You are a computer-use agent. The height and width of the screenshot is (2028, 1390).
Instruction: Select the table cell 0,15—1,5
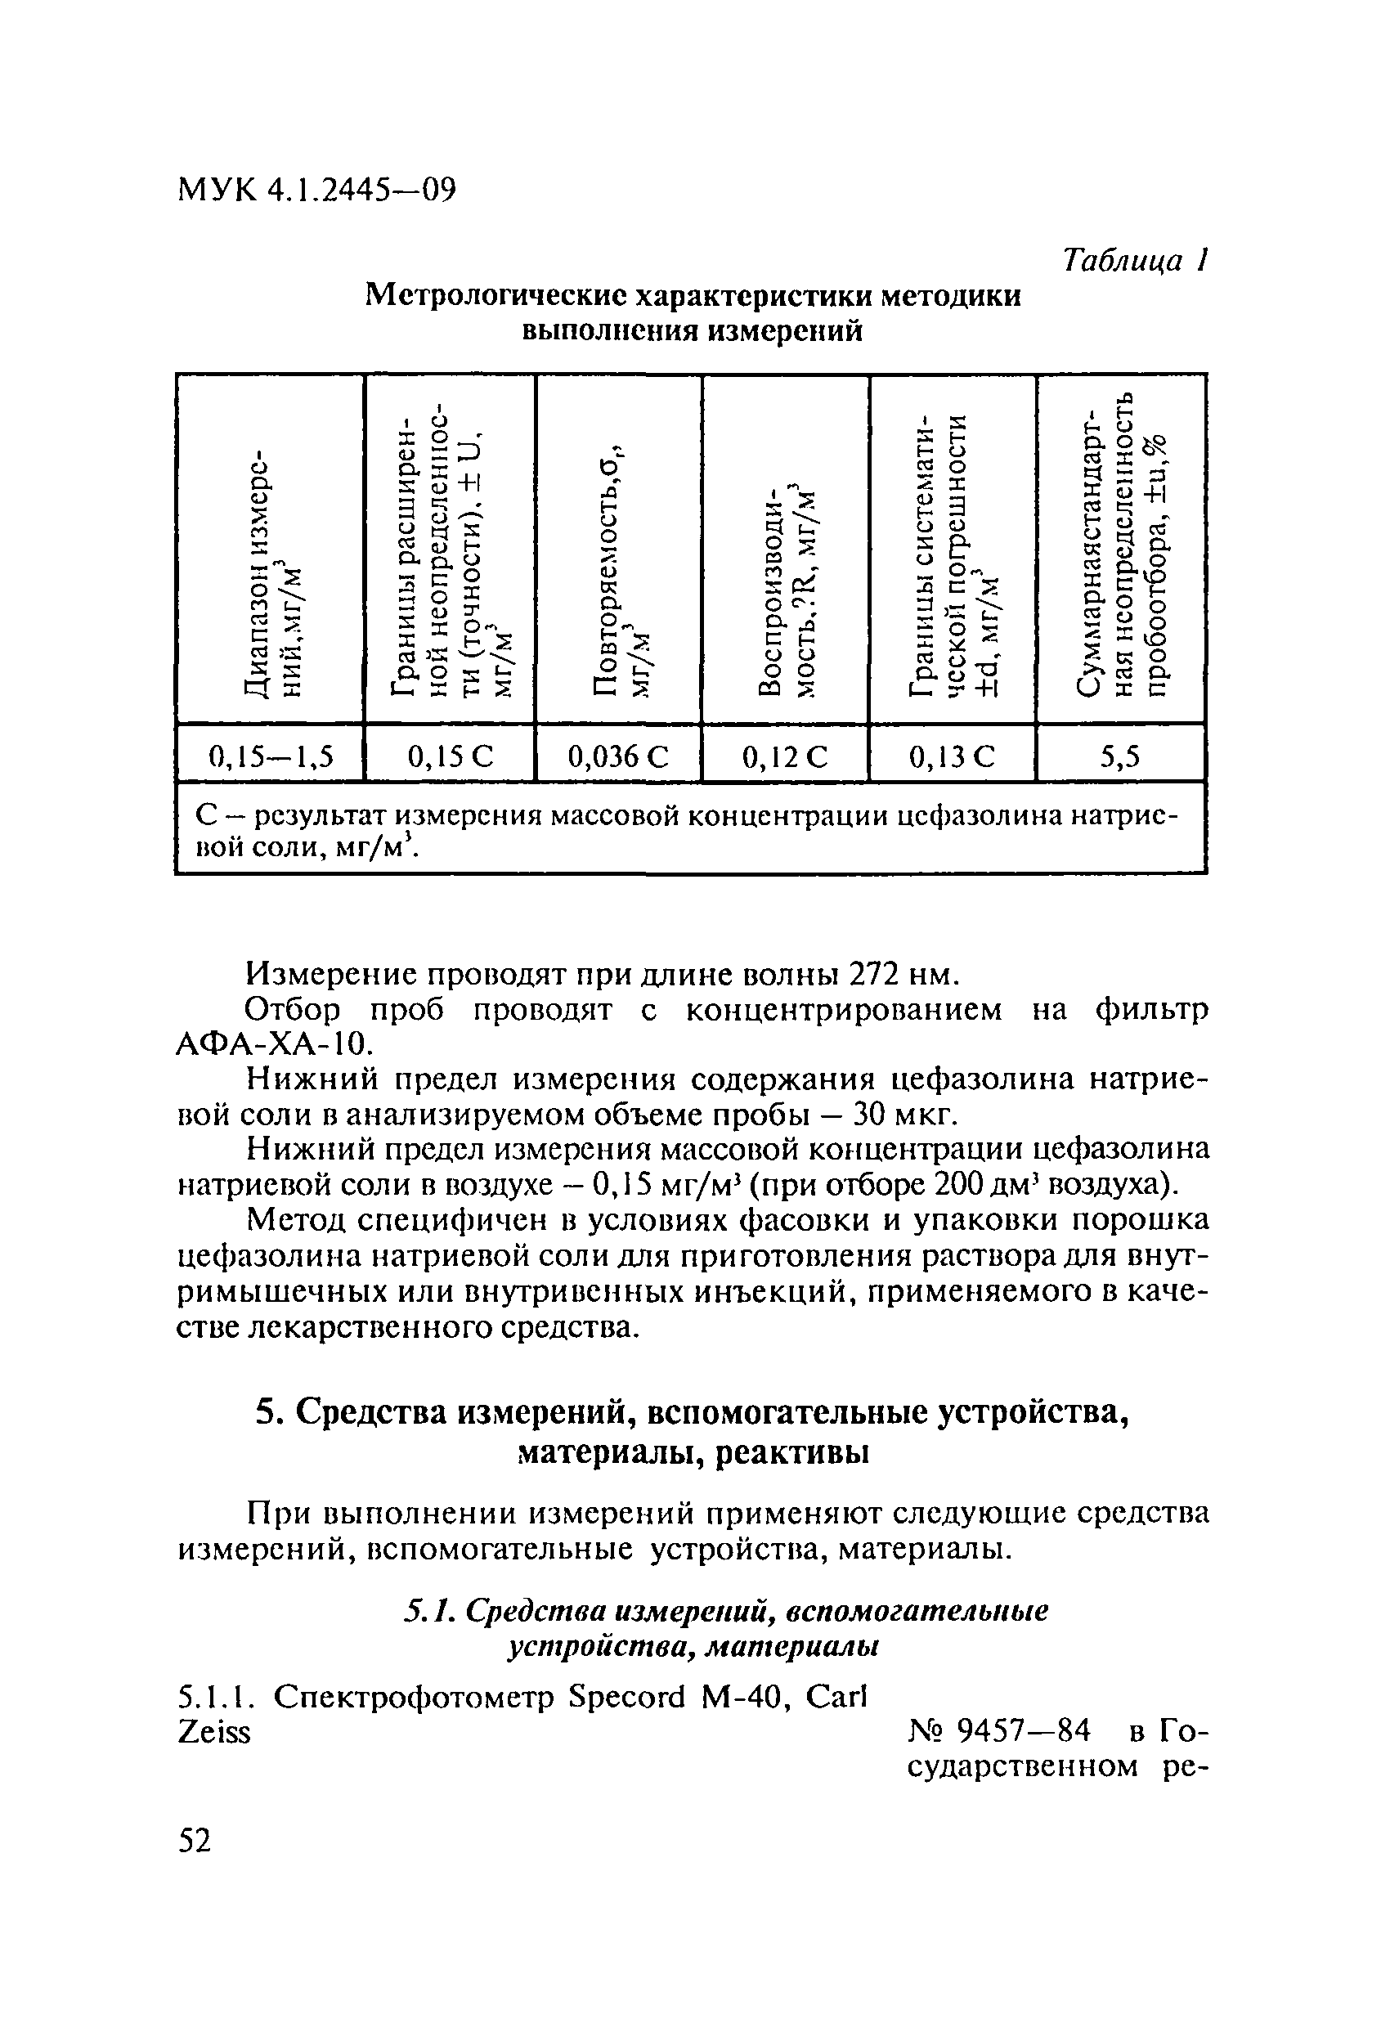(271, 756)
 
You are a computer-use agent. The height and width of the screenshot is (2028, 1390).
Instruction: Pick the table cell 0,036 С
(618, 756)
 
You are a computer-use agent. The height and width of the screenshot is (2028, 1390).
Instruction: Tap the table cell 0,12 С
(784, 756)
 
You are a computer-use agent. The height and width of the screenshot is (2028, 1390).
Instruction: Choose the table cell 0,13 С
(952, 756)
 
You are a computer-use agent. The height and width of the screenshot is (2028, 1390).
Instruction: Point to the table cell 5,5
(1119, 756)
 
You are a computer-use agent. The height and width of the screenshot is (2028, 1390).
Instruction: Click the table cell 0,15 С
(450, 756)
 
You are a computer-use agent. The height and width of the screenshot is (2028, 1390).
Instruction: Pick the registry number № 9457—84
(1000, 1730)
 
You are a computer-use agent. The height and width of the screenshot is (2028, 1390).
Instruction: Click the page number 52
(195, 1842)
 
